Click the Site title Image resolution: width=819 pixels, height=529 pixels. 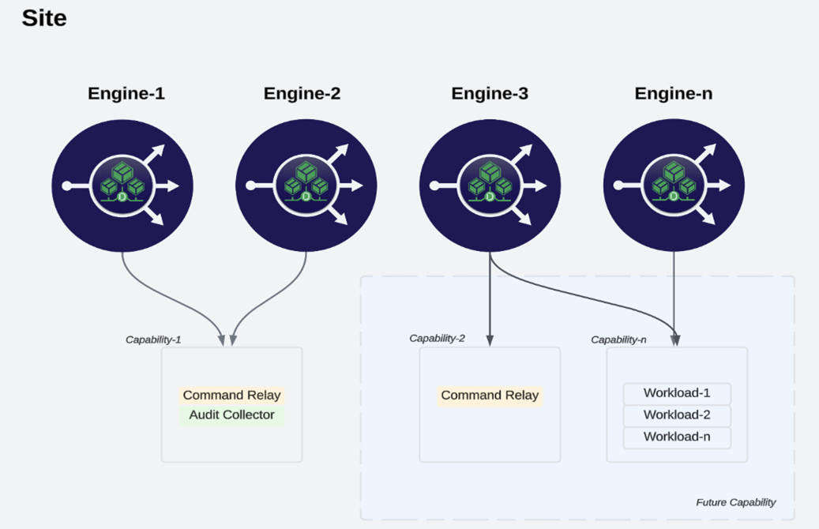point(44,18)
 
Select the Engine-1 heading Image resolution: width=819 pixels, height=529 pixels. point(126,94)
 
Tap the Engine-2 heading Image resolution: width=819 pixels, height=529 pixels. point(302,94)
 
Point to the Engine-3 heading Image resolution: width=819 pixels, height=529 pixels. point(490,94)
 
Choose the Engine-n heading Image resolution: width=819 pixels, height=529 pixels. point(673,94)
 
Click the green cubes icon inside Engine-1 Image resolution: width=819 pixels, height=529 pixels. point(122,183)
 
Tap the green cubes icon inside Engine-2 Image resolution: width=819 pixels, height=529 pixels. point(306,183)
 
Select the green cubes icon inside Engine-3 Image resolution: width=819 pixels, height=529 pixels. point(489,183)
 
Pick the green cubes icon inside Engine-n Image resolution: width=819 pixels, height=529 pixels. point(673,183)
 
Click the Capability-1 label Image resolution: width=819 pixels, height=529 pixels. point(153,340)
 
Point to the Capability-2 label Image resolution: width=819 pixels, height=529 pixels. point(437,338)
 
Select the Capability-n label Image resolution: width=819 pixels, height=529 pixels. point(618,340)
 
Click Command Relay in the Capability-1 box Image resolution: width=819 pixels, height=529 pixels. point(231,396)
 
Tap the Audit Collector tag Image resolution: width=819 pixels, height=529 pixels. point(231,415)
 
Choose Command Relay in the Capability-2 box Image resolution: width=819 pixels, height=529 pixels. point(490,396)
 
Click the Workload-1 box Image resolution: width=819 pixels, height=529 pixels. point(677,393)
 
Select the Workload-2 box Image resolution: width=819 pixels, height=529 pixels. point(677,415)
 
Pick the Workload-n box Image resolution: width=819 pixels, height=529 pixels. point(677,437)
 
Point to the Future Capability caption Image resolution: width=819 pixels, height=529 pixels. point(735,502)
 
